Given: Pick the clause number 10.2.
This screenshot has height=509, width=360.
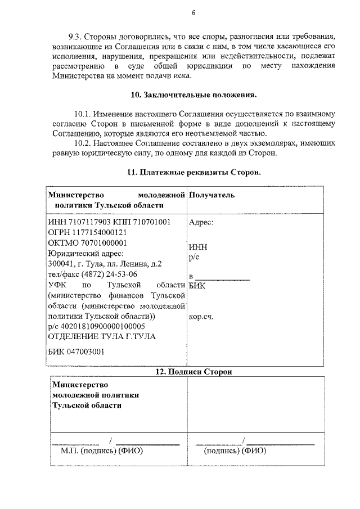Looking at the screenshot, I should tap(84, 143).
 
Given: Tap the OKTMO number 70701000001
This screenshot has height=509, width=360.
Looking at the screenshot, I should tap(102, 243).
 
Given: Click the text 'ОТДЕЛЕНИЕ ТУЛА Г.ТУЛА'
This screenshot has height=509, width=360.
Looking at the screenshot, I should tap(102, 336).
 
